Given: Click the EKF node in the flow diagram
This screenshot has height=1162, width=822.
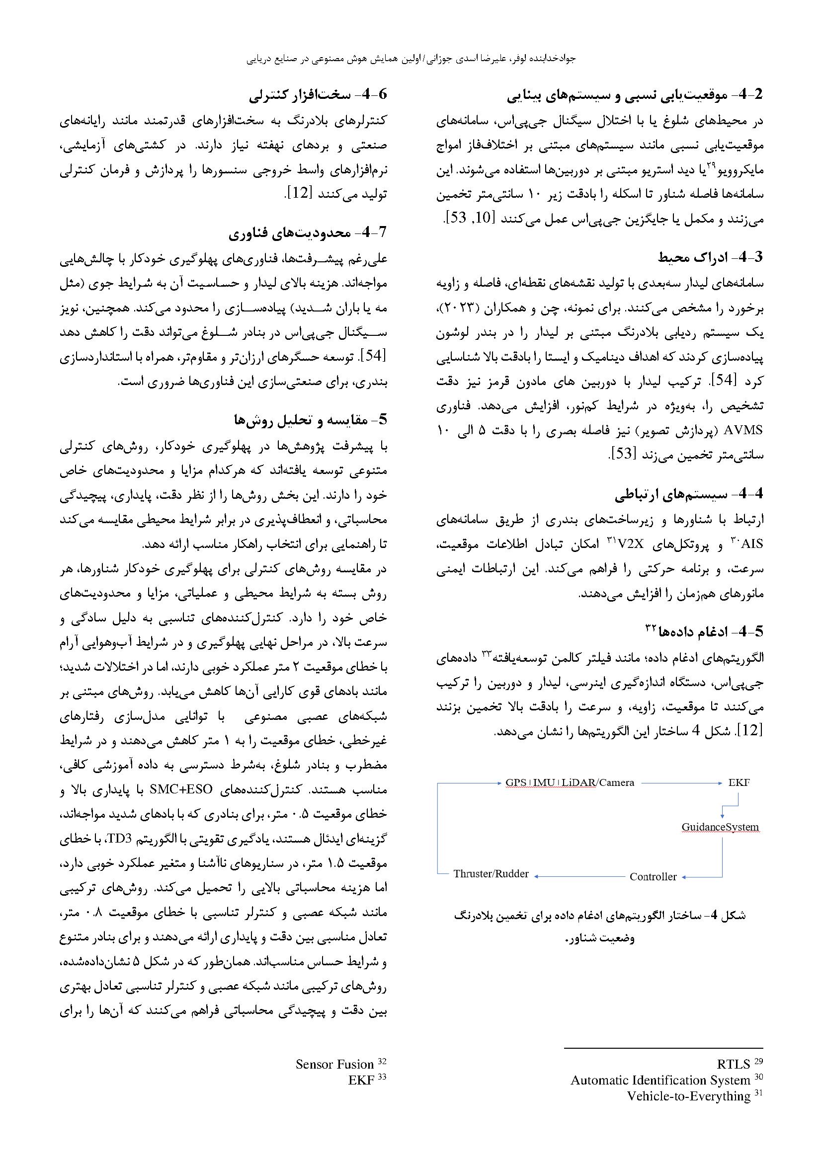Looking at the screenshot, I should pos(739,782).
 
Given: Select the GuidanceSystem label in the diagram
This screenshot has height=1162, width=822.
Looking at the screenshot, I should pos(720,827).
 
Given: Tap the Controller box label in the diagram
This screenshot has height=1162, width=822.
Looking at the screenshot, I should pos(653,876).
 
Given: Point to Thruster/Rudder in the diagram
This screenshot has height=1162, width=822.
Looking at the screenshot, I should pos(491,873).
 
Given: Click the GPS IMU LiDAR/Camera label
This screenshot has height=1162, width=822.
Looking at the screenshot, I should pos(570,782).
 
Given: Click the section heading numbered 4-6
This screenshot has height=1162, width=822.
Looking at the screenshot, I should pos(319,95).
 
